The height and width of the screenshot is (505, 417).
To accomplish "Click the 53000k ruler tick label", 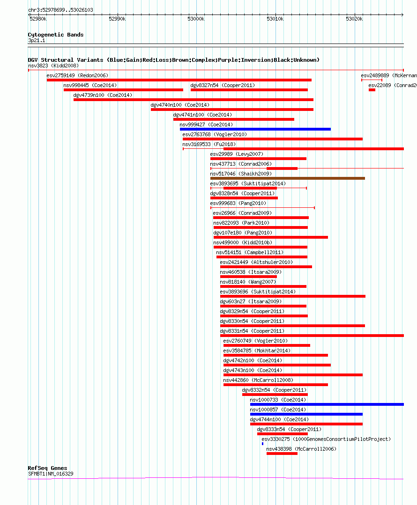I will click(x=195, y=19).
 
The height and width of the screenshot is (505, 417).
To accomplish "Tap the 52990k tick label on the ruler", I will click(x=117, y=19).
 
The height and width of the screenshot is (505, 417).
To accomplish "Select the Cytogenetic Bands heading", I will click(x=55, y=35).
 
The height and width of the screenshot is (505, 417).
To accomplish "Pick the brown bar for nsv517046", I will click(x=287, y=178).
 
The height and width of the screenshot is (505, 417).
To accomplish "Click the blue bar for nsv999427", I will click(x=255, y=129).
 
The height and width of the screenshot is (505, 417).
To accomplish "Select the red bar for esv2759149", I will click(x=179, y=80).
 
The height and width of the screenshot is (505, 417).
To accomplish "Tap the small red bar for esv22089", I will click(x=372, y=90).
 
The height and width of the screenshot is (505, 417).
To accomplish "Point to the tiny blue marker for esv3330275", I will click(x=262, y=444).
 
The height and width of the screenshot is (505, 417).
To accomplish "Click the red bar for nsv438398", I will click(x=282, y=454).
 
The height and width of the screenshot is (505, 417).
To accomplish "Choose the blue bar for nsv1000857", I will click(x=306, y=414).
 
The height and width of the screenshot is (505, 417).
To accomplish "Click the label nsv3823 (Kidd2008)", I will click(x=53, y=66).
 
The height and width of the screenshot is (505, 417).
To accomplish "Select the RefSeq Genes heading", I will click(x=47, y=468).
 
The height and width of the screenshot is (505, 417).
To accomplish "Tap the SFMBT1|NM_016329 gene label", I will click(x=50, y=474).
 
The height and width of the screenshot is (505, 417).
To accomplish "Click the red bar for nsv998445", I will click(x=123, y=90).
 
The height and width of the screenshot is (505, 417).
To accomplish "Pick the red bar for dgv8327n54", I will click(x=249, y=90).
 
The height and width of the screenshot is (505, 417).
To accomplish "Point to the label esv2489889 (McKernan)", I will click(x=388, y=75).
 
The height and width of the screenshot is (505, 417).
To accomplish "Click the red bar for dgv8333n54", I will click(x=282, y=434).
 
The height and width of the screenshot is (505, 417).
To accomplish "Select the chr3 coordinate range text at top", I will click(x=60, y=10).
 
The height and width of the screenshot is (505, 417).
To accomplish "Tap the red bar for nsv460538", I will click(x=248, y=277).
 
